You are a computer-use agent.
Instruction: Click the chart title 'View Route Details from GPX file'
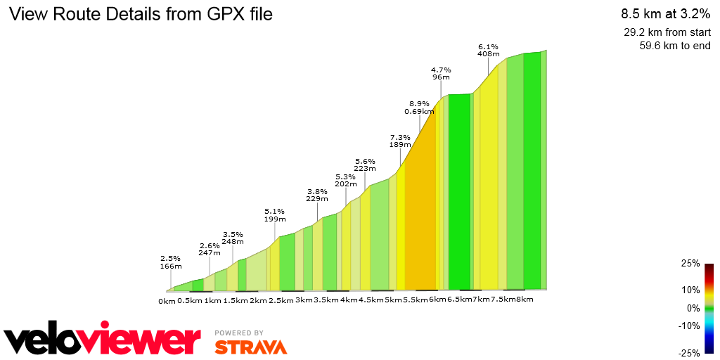(140, 14)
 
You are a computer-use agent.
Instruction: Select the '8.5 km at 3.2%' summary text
(665, 13)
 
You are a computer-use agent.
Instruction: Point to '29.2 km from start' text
(667, 32)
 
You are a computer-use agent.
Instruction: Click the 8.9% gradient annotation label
(419, 107)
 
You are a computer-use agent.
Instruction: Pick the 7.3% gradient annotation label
(400, 141)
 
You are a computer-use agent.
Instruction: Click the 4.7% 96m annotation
(441, 73)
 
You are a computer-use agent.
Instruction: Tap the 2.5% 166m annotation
(171, 262)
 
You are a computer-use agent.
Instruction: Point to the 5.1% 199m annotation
(275, 214)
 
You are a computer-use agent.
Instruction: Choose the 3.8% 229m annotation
(317, 195)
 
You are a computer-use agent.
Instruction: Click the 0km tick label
(167, 301)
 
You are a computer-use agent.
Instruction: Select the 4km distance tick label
(349, 301)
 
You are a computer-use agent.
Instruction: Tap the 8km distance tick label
(525, 300)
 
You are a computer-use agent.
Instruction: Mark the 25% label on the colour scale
(690, 264)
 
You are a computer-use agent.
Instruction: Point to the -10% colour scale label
(689, 326)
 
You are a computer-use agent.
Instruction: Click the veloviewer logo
(103, 340)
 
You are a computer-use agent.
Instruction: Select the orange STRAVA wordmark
(251, 347)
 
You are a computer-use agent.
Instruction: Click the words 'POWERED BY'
(239, 333)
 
